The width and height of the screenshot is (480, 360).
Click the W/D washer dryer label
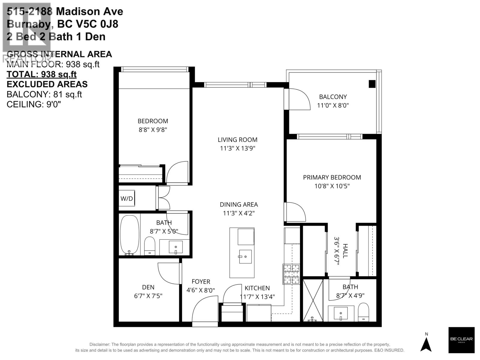tap(127, 199)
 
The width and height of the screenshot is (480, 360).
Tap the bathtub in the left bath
tap(130, 235)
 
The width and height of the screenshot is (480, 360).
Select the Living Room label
tap(237, 139)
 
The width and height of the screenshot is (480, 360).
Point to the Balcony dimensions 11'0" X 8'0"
tap(333, 105)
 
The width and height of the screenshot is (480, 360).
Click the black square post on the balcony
tap(372, 84)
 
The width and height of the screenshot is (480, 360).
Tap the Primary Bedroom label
tap(332, 177)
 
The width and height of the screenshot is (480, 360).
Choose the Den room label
tap(148, 287)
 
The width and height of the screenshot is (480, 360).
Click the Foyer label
tap(201, 282)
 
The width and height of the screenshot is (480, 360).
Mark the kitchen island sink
tap(245, 256)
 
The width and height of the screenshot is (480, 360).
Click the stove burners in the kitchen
tap(291, 274)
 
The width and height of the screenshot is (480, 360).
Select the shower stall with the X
tap(313, 300)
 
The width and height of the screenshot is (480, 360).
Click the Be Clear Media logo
tap(461, 340)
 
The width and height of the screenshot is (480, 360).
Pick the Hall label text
tap(345, 251)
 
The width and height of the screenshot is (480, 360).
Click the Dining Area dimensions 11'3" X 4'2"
tap(239, 213)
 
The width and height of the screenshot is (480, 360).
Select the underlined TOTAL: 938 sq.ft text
tap(41, 74)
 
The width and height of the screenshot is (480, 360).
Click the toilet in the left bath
tap(149, 246)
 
